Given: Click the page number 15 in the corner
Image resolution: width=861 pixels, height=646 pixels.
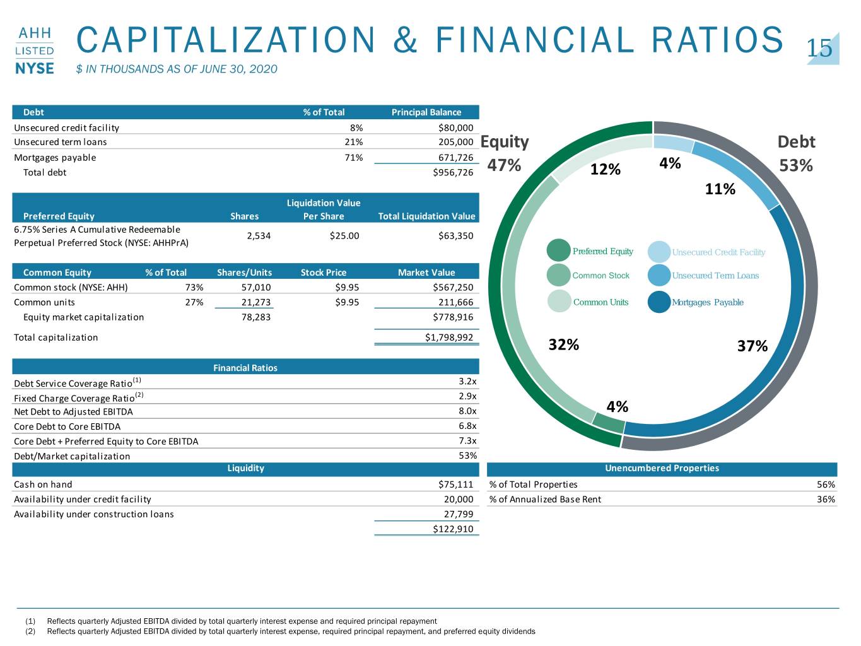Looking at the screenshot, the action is click(819, 48).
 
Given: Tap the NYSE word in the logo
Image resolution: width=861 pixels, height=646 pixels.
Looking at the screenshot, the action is click(35, 68).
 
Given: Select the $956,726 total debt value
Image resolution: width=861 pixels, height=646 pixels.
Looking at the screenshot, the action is click(453, 173).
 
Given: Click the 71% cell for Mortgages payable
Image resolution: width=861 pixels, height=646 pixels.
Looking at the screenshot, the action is click(353, 158).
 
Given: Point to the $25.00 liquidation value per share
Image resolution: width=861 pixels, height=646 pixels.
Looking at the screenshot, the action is click(344, 236).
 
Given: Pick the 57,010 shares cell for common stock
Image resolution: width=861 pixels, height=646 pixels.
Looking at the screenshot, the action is click(255, 288).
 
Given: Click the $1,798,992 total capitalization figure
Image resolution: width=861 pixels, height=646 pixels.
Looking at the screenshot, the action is click(449, 338).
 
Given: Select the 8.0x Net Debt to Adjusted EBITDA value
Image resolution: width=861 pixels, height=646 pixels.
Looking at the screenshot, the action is click(467, 411).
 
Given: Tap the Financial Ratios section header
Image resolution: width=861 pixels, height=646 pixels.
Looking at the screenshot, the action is click(245, 368).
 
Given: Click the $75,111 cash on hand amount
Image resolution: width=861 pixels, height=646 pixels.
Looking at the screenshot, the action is click(456, 484).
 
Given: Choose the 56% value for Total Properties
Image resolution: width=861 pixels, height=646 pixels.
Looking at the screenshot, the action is click(826, 484).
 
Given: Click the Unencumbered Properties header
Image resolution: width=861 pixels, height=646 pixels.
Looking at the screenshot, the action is click(662, 468).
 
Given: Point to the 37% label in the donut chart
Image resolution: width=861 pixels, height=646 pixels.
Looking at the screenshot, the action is click(753, 346).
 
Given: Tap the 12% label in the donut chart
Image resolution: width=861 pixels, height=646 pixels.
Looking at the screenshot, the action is click(606, 170).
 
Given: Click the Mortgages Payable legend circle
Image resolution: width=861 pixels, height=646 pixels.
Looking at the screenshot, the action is click(659, 302).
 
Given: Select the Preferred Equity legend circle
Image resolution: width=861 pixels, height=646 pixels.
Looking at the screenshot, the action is click(558, 250).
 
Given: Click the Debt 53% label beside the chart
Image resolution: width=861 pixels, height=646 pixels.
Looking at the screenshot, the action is click(796, 153).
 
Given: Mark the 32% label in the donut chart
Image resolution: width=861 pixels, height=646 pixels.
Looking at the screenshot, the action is click(564, 345).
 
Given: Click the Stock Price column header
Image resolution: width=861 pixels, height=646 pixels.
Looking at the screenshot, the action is click(323, 273).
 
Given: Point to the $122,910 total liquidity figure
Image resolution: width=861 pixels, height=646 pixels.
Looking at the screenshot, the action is click(453, 529).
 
